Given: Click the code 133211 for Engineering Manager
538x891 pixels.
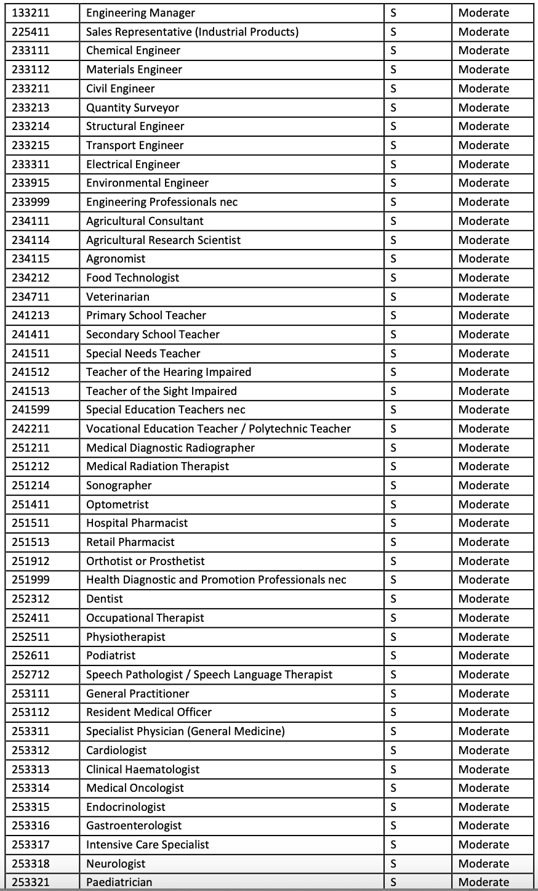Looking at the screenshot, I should (x=30, y=13).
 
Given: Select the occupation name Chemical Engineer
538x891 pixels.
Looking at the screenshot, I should (x=133, y=51).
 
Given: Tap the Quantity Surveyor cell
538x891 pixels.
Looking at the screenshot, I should (x=132, y=108).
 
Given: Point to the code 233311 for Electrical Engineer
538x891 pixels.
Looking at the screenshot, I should (x=30, y=165).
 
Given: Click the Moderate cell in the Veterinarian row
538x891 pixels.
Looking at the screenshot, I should (x=484, y=297).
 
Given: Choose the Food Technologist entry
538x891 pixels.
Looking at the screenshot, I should (x=132, y=278).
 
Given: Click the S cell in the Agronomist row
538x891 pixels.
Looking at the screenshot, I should (x=393, y=259).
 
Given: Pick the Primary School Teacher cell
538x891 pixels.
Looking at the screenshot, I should (x=146, y=315).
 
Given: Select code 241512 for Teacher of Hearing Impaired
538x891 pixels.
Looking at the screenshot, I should (x=30, y=372).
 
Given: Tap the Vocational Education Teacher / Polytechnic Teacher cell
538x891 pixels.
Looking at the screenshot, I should (x=218, y=429).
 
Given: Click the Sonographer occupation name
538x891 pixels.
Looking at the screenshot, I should (x=119, y=486).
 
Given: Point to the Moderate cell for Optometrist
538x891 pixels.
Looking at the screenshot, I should (x=484, y=505).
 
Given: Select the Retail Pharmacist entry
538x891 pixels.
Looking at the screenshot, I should (x=130, y=542).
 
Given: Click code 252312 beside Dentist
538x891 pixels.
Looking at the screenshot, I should (x=30, y=599).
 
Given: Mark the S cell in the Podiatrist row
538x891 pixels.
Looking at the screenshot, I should (x=393, y=656).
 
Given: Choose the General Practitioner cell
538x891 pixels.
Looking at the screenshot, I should (x=137, y=694).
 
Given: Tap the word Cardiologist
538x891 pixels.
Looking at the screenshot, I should (x=116, y=751).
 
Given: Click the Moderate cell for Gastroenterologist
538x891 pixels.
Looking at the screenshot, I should (x=484, y=826).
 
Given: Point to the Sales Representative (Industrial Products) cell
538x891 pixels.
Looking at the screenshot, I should (x=192, y=32).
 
